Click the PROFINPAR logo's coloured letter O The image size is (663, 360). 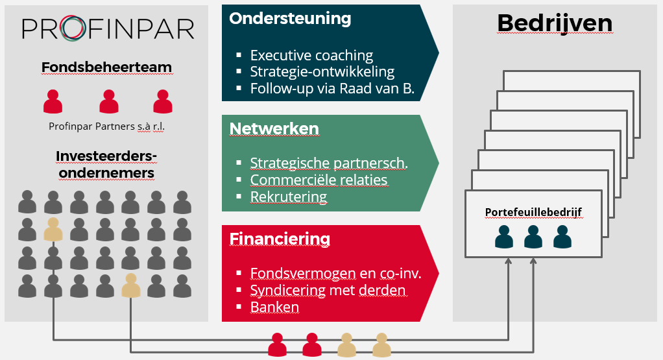coord(73,29)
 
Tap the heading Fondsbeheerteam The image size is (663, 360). coord(106,67)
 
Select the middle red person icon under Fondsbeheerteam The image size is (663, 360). coord(109,101)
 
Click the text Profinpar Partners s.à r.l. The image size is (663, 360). coord(106,126)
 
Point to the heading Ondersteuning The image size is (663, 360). coord(290,19)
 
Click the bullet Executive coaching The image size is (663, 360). coord(311,55)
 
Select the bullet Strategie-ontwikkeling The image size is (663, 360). coord(322,72)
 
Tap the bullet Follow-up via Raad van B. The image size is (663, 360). coord(332,88)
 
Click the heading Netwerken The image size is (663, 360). coord(274,129)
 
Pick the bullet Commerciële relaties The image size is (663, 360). coord(319,180)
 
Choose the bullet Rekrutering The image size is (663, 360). coord(289,197)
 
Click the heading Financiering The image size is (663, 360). coord(280,239)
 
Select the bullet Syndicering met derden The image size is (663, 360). coord(328,291)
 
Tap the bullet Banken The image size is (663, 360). coord(274,307)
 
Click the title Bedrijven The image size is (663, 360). coord(555,23)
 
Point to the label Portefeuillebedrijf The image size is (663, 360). coord(533,212)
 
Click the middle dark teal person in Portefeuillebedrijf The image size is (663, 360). coord(533,237)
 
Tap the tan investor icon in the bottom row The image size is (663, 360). coord(130,285)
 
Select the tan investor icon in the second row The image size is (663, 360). coord(53,230)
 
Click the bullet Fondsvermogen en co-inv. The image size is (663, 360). coord(336,273)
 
